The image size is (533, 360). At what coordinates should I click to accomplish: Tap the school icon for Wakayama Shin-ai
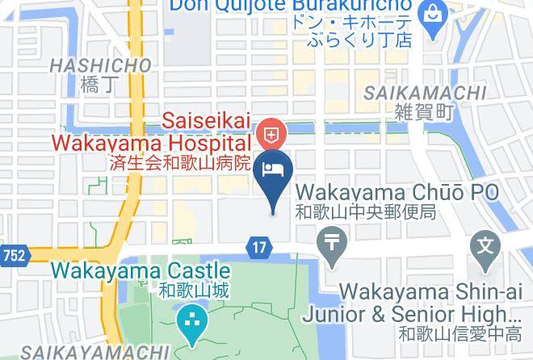(485, 242)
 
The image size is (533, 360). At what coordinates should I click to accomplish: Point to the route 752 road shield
(14, 255)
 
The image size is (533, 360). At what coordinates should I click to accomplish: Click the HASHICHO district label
(100, 65)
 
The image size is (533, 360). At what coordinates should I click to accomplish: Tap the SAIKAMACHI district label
(424, 93)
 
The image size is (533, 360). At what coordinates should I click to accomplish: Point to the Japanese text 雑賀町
(423, 113)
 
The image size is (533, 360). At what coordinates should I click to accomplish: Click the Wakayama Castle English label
(141, 271)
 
